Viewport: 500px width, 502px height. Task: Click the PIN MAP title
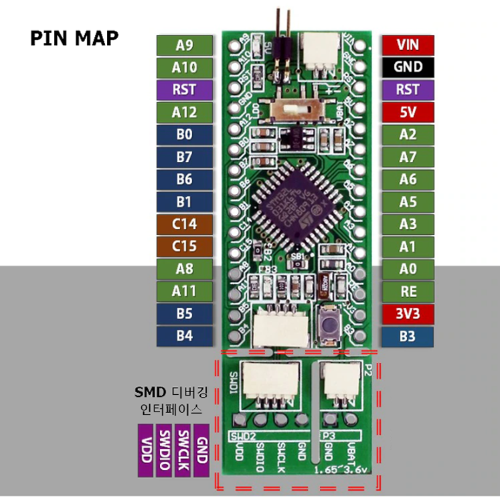[74, 37]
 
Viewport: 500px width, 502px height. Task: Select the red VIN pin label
[408, 45]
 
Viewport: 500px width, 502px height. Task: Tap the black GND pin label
[408, 67]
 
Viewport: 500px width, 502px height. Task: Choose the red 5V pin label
[408, 112]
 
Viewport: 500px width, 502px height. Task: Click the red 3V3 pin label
[408, 314]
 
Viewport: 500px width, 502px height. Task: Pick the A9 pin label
[185, 45]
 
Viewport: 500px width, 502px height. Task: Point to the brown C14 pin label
[185, 224]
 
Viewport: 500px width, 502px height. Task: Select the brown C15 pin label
[185, 246]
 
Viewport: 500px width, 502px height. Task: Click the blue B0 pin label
[185, 135]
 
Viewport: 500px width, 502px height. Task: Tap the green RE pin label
[408, 292]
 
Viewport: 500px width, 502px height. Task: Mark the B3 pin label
[408, 337]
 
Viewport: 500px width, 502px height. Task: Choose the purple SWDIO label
[165, 450]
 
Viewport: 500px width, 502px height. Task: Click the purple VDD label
[146, 450]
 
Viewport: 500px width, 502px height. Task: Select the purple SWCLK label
[183, 450]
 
